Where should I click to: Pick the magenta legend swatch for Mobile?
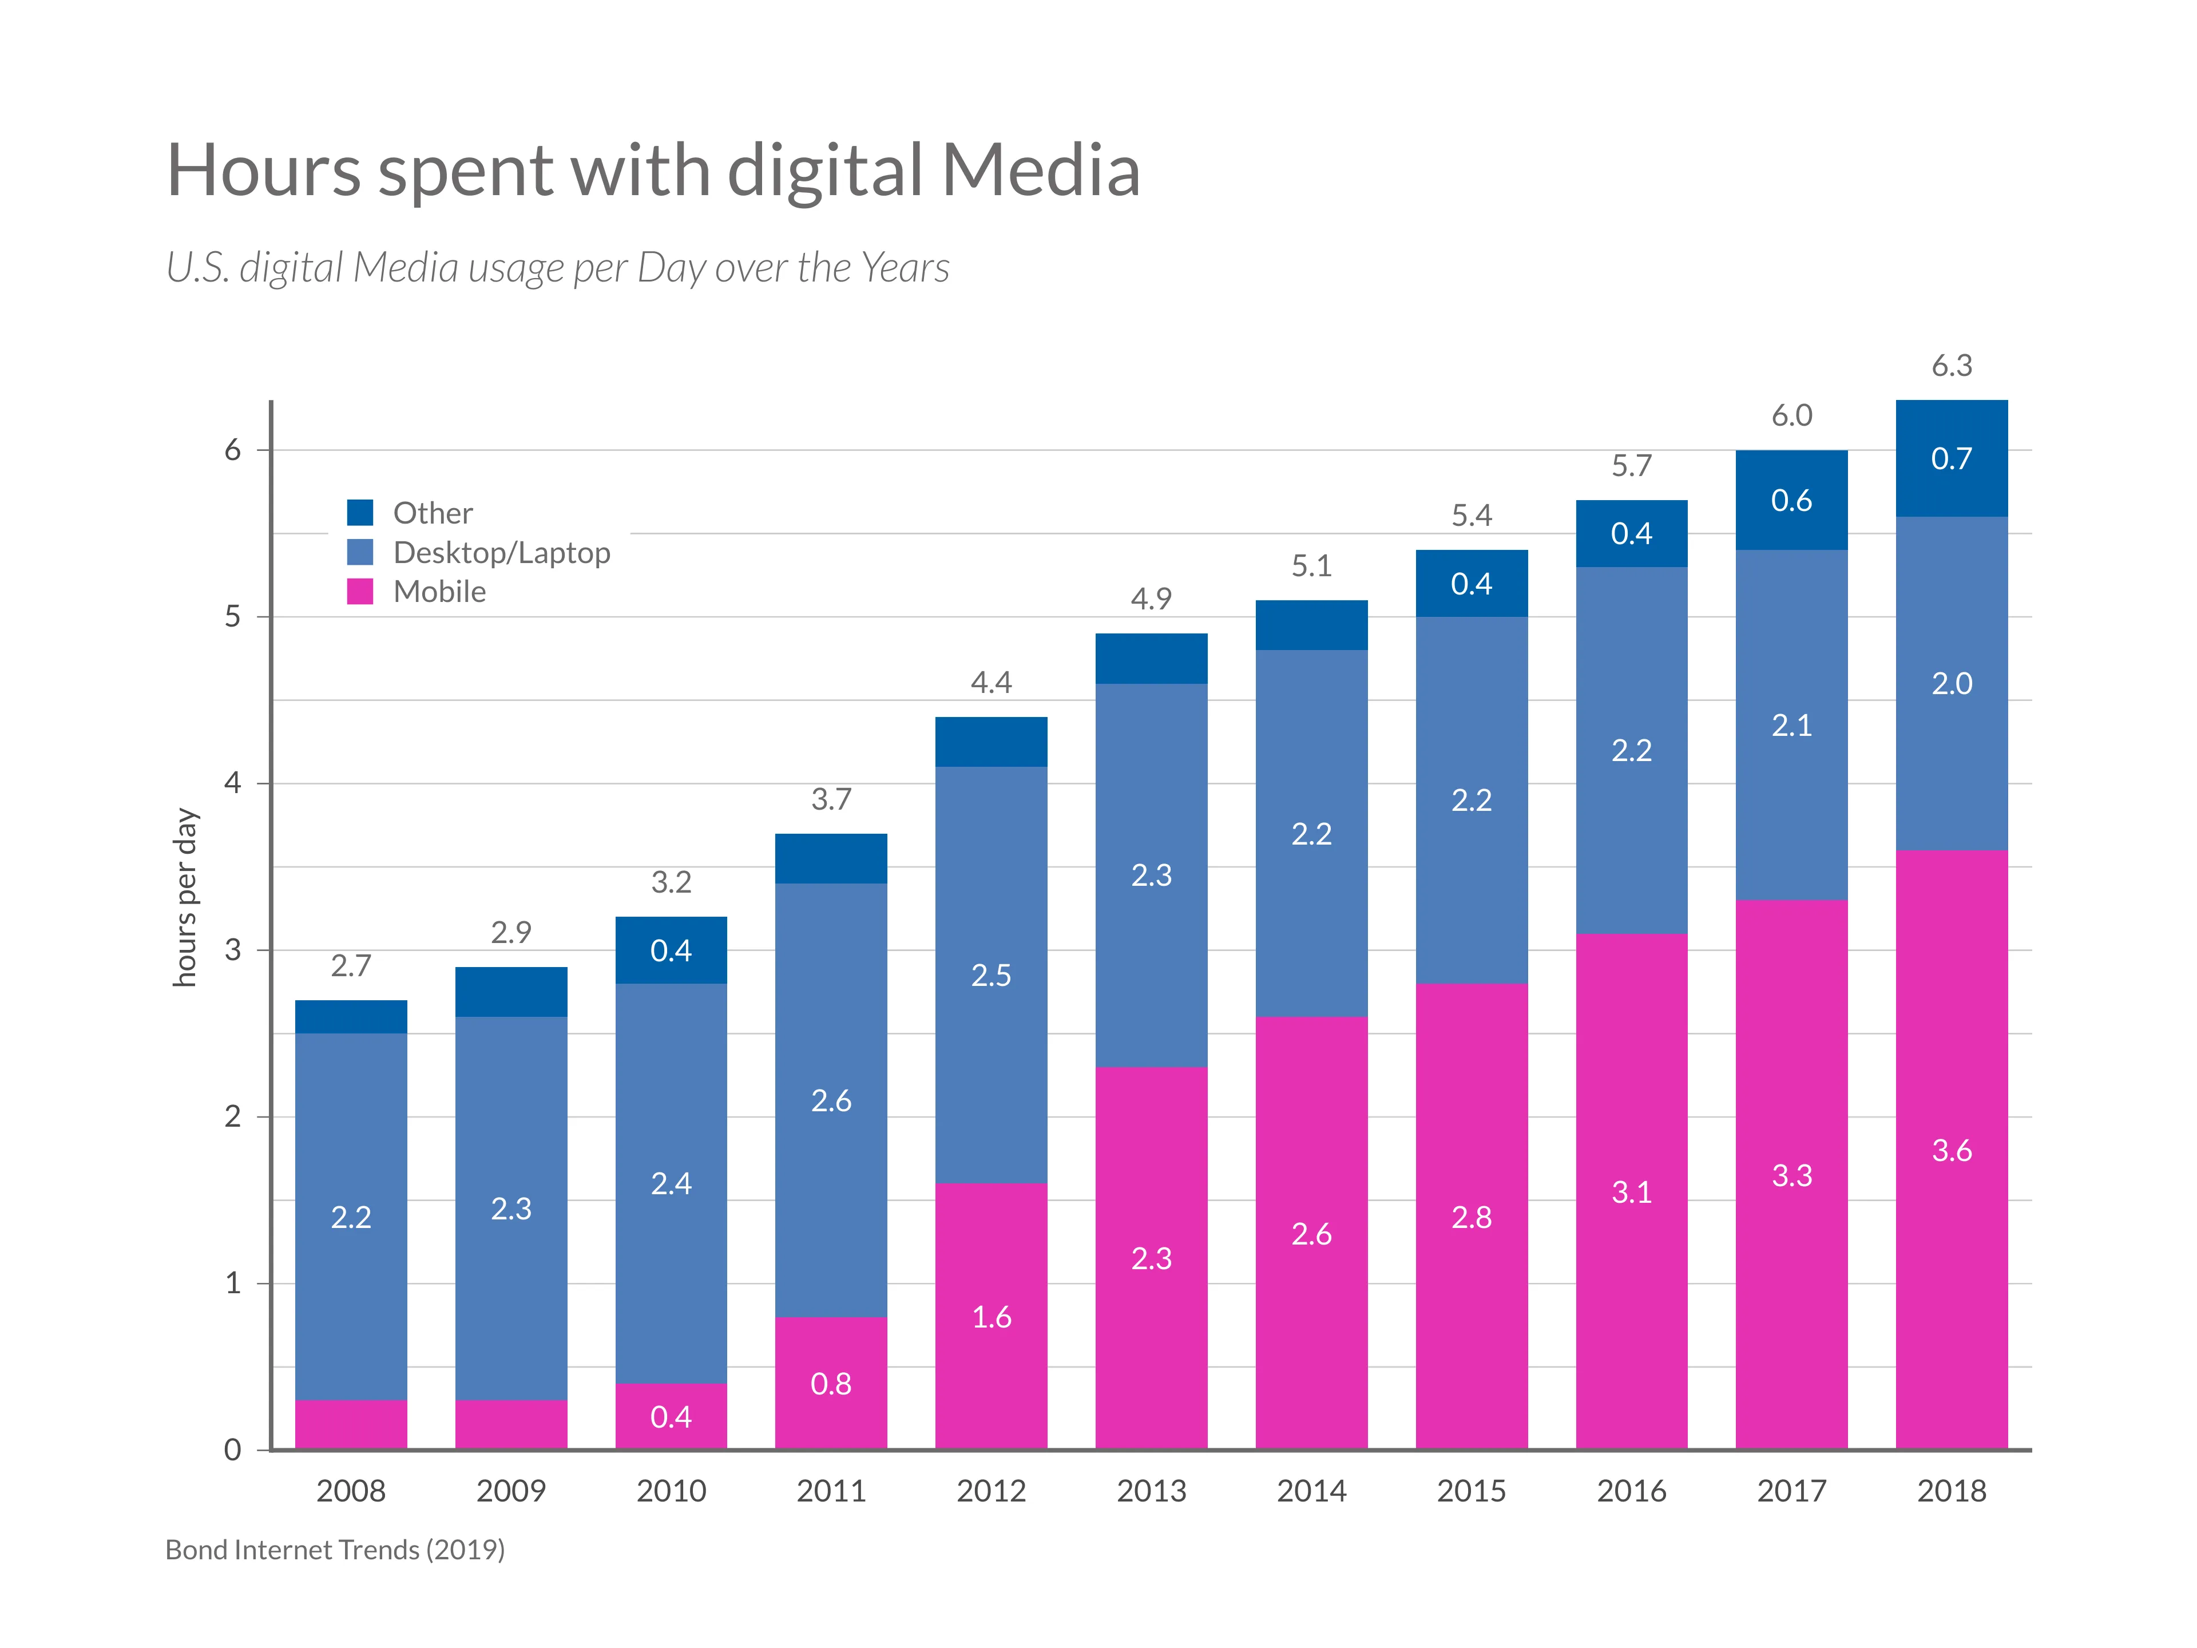pyautogui.click(x=359, y=591)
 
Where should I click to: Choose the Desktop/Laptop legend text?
pyautogui.click(x=502, y=552)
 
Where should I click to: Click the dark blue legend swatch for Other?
pyautogui.click(x=359, y=513)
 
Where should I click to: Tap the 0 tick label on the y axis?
pyautogui.click(x=232, y=1449)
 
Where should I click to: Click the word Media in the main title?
pyautogui.click(x=1040, y=171)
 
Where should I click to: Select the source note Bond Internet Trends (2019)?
pyautogui.click(x=335, y=1550)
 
